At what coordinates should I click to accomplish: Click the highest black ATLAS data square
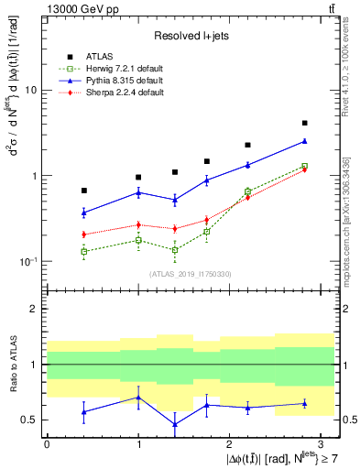[x=304, y=123]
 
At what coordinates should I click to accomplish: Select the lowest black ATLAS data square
[x=84, y=191]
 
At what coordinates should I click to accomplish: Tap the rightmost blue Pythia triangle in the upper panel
[x=304, y=141]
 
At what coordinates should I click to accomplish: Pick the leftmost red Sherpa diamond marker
[x=84, y=234]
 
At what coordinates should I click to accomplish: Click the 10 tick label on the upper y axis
[x=30, y=91]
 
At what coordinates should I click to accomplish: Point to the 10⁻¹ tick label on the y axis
[x=27, y=261]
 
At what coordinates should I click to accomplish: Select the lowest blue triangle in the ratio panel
[x=174, y=424]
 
